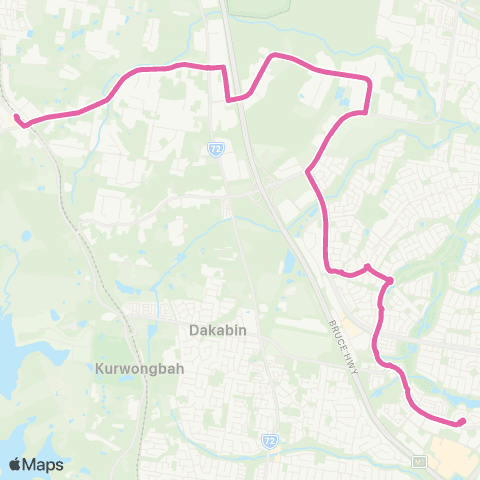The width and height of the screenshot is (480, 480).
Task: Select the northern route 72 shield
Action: [x=216, y=148]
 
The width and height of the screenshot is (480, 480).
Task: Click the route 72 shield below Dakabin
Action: [x=269, y=441]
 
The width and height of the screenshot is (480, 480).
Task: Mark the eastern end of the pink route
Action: [x=462, y=422]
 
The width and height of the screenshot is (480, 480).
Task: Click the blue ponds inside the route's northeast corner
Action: [x=346, y=97]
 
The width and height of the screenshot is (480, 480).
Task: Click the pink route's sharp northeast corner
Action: [x=370, y=79]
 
